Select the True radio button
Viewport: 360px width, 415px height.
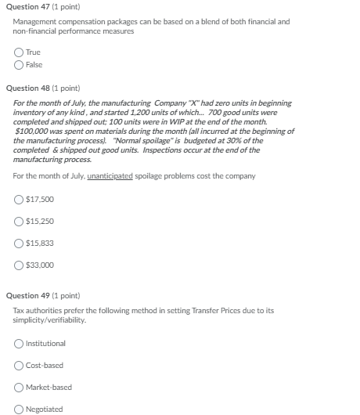pos(18,53)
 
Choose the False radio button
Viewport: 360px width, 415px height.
pos(18,64)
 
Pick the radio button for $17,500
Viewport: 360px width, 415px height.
pos(19,199)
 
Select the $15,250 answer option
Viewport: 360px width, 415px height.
pos(19,221)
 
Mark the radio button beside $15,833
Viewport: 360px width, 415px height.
pos(19,243)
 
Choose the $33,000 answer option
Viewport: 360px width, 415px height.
pos(19,265)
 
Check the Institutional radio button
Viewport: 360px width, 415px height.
pos(19,343)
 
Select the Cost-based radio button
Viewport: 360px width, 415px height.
pos(19,365)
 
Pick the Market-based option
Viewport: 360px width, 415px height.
pos(19,387)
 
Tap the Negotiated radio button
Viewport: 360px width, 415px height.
pos(19,409)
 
